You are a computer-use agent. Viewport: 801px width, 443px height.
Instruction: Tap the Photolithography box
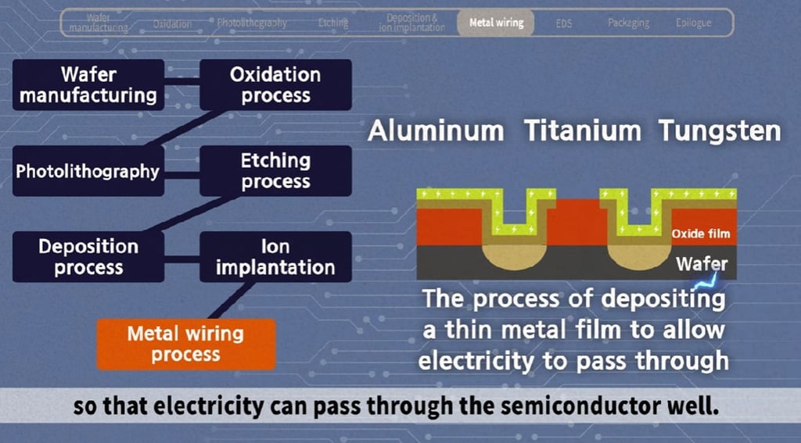88,171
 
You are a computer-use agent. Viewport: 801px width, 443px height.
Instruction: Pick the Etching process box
275,171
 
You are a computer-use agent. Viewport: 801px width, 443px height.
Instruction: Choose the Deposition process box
88,257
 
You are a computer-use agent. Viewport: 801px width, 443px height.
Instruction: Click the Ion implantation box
275,257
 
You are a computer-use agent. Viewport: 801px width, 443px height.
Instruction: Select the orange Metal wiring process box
185,345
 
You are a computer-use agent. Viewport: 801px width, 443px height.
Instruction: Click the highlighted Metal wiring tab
496,23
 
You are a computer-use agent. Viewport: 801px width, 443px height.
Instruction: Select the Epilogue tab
693,23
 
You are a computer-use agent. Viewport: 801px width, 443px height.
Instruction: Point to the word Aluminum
436,130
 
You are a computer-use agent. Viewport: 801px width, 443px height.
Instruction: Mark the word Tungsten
720,130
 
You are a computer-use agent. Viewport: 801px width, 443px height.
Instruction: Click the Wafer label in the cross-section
702,264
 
